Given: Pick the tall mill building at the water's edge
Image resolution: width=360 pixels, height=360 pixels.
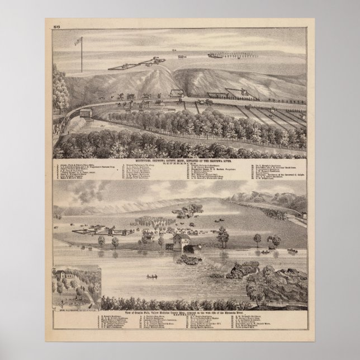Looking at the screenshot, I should click(x=181, y=242).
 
